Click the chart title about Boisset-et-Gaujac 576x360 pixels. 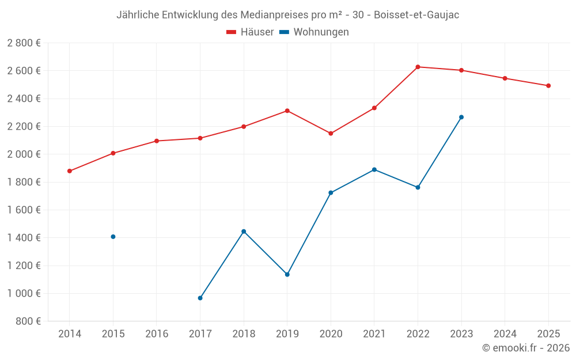point(287,15)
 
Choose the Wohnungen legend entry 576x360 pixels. point(314,32)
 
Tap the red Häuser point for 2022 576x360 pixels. point(418,67)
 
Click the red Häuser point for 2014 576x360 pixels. point(70,171)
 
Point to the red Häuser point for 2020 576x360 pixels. point(331,134)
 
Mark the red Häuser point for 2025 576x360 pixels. point(548,86)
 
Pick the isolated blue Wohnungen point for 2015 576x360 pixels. point(113,237)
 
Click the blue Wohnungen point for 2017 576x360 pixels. point(200,298)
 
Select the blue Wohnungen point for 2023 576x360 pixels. point(461,118)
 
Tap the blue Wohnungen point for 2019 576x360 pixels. point(287,274)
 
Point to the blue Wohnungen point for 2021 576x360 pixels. point(374,170)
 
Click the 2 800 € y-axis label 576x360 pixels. point(24,43)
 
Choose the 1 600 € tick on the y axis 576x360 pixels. point(24,210)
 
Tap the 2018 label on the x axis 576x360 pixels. point(244,334)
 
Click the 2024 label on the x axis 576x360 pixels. point(505,334)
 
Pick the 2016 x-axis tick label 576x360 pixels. point(157,334)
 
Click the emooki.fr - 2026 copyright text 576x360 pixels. point(525,348)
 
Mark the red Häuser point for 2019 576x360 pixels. point(287,111)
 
